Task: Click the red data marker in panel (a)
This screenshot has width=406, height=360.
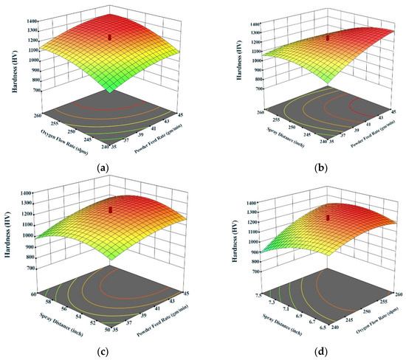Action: coord(109,35)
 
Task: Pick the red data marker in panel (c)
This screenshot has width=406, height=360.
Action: coord(111,210)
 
